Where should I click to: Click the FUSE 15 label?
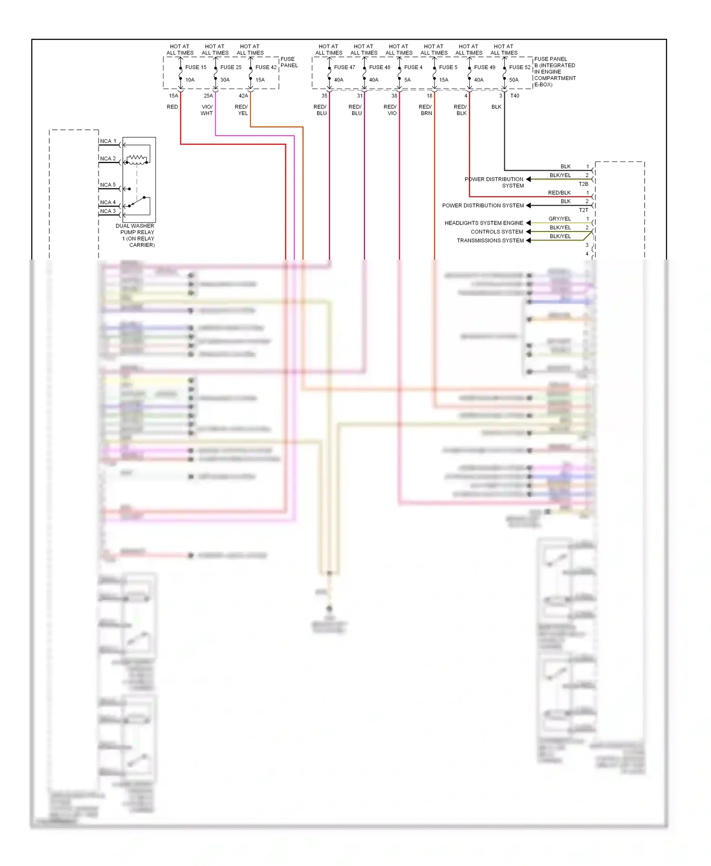point(196,67)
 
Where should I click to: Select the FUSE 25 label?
point(231,67)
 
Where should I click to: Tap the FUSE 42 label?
point(266,67)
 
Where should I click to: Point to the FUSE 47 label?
point(345,67)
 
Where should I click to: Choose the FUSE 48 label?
point(380,67)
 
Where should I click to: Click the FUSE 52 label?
point(520,67)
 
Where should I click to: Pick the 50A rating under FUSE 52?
point(514,80)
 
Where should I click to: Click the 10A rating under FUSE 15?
point(190,80)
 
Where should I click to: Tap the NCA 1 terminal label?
point(108,141)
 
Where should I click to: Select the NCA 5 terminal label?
point(108,185)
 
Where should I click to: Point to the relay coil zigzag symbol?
point(137,159)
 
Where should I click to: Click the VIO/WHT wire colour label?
point(207,110)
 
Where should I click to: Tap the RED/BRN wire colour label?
point(426,110)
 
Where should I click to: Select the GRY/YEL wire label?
point(560,219)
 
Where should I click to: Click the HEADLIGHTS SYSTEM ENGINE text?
point(484,223)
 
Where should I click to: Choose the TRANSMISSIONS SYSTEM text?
point(490,241)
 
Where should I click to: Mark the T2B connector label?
point(583,184)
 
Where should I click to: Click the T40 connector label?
point(515,96)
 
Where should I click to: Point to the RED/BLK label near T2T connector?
point(559,193)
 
